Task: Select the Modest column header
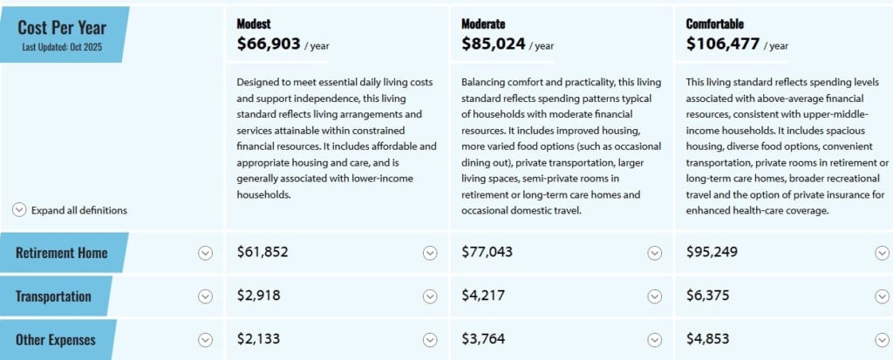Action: tap(254, 24)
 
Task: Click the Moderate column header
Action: tap(483, 24)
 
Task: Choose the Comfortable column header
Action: tap(715, 24)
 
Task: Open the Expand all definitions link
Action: tap(78, 210)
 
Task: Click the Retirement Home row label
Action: tap(61, 253)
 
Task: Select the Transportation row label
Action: tap(53, 296)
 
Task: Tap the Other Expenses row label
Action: tap(55, 340)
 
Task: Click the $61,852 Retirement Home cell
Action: tap(262, 253)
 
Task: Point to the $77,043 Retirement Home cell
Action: tap(487, 253)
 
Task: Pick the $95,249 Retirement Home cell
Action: tap(712, 253)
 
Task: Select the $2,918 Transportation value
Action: tap(259, 296)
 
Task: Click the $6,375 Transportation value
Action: tap(708, 296)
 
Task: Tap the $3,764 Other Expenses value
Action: tap(483, 340)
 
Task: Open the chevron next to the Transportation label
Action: tap(205, 296)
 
